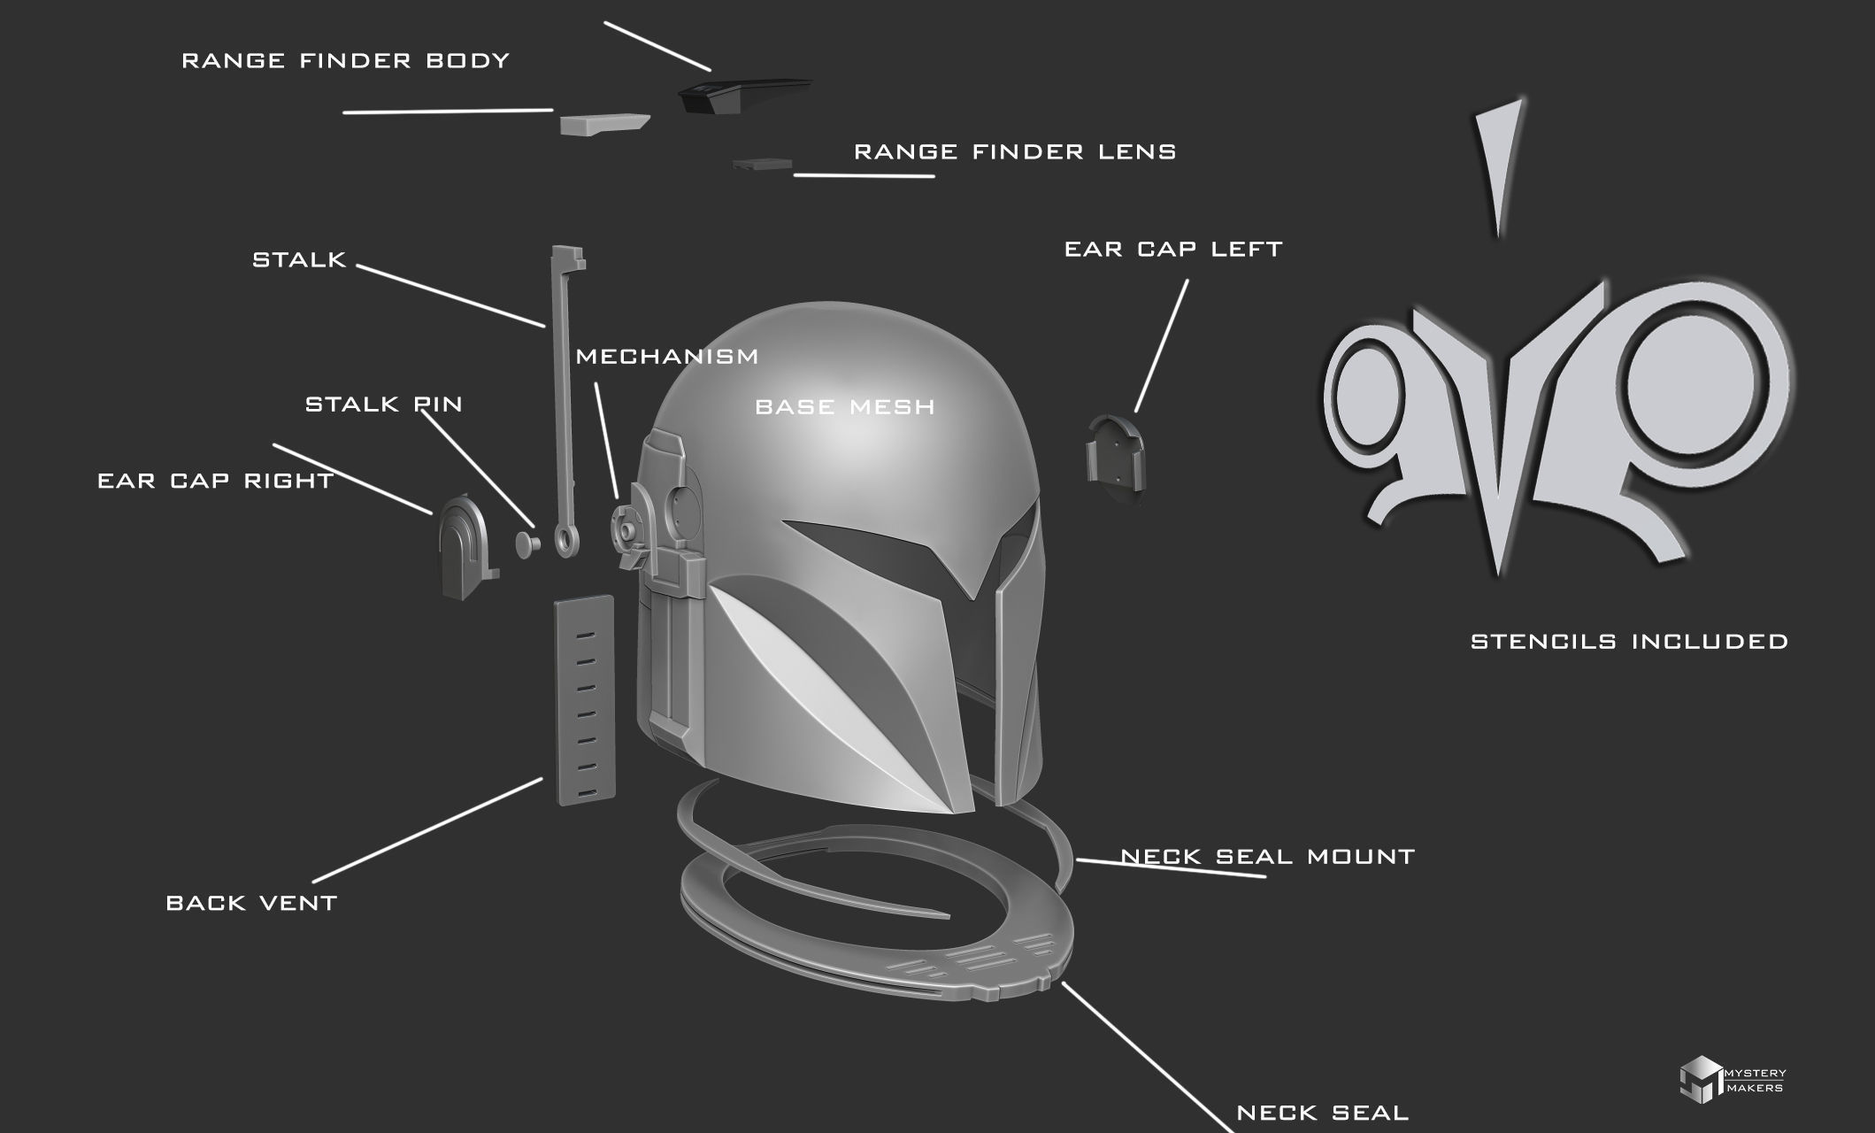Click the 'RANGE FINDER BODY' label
345,61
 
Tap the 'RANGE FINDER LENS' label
1014,152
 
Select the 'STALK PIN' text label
383,405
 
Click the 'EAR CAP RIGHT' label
215,481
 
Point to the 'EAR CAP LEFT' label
1172,250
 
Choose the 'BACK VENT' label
251,904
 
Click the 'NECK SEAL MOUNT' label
1267,857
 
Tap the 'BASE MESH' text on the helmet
844,407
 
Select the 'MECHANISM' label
666,357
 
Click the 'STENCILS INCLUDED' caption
1629,642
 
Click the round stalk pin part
528,542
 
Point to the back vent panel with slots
584,699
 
